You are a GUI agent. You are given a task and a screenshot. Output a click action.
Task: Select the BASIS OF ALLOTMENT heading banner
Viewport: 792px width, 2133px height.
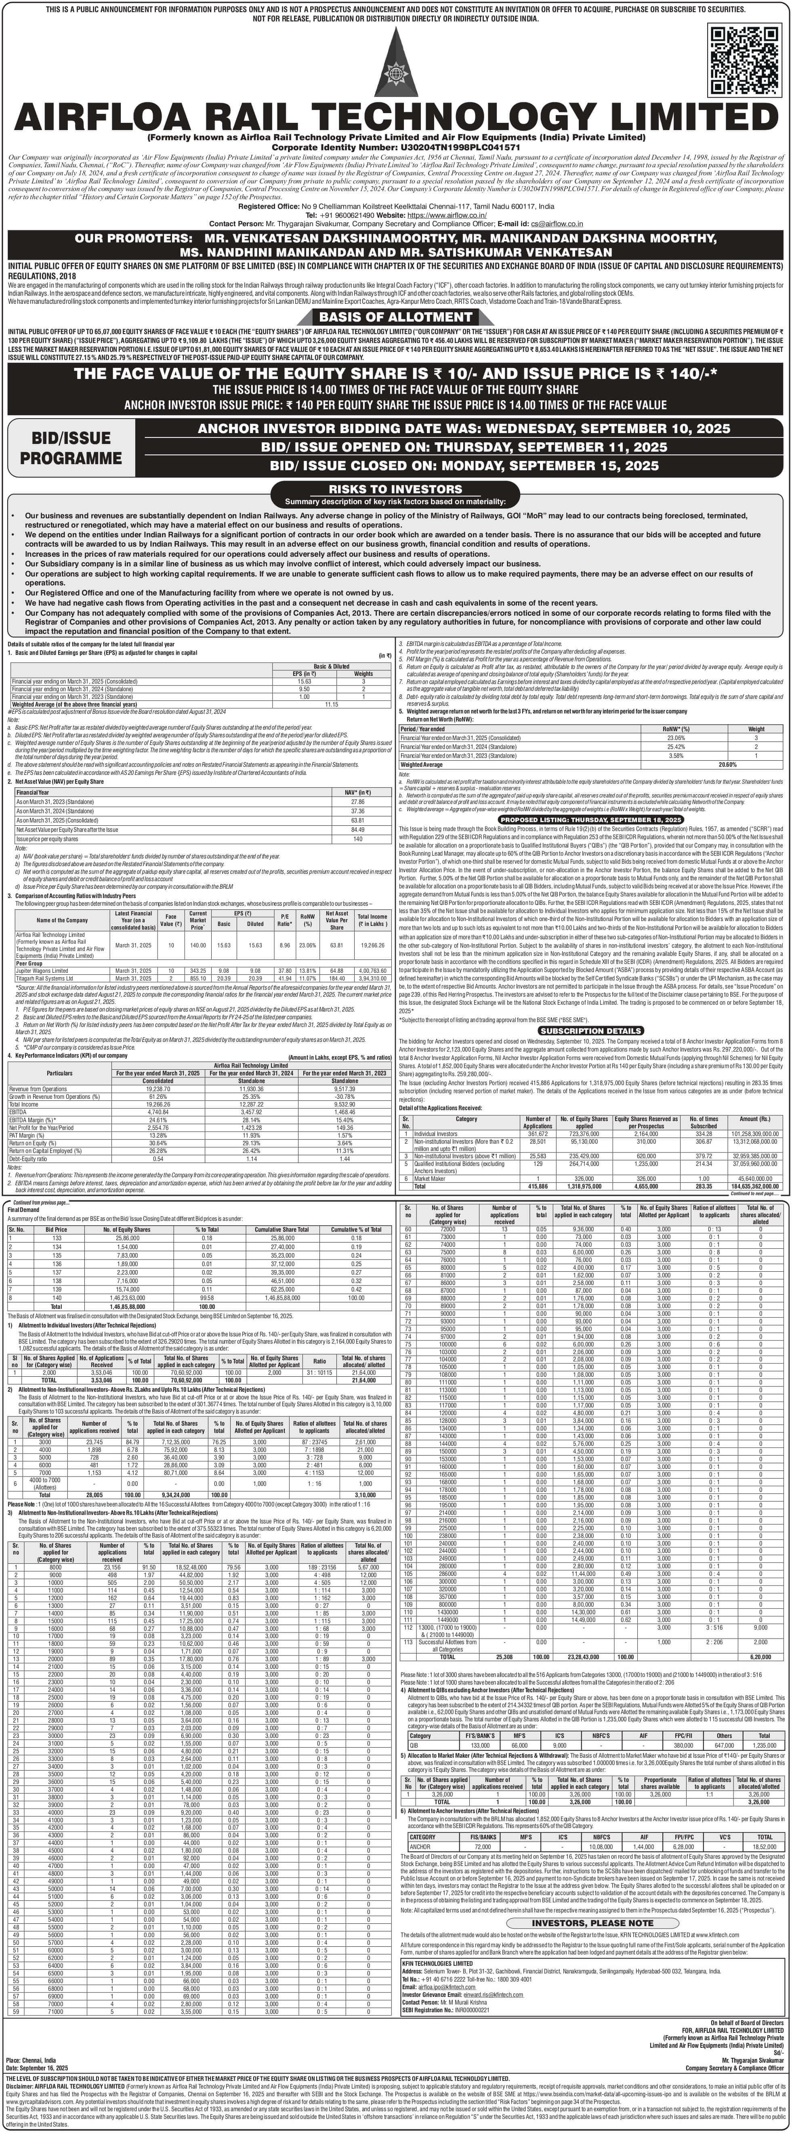(395, 316)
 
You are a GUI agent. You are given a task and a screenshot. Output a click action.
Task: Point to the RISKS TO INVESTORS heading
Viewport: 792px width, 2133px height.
(395, 489)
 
